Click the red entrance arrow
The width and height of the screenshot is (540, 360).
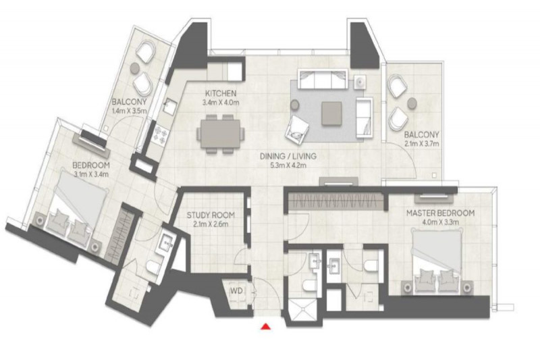pyautogui.click(x=265, y=326)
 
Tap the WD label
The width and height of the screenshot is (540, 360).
pyautogui.click(x=236, y=290)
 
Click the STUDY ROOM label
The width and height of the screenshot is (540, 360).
pyautogui.click(x=211, y=215)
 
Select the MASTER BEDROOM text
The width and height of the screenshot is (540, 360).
pyautogui.click(x=440, y=213)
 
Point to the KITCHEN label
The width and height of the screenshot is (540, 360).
pyautogui.click(x=221, y=93)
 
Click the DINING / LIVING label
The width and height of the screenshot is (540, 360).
pyautogui.click(x=288, y=156)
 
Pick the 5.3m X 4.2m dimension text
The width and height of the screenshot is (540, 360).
pyautogui.click(x=288, y=165)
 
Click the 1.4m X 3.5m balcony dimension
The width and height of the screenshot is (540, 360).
pyautogui.click(x=130, y=111)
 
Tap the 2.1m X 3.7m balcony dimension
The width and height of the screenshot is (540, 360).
pyautogui.click(x=421, y=144)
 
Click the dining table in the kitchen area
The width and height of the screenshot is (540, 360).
pyautogui.click(x=221, y=134)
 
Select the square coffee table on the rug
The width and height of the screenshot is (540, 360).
pyautogui.click(x=331, y=113)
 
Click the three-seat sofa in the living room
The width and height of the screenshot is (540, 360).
pyautogui.click(x=323, y=79)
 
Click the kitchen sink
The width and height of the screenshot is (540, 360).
pyautogui.click(x=169, y=106)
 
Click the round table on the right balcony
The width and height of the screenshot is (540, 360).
pyautogui.click(x=412, y=102)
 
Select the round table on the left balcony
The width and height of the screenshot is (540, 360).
pyautogui.click(x=134, y=68)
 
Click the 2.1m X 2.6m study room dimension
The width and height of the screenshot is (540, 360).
pyautogui.click(x=211, y=225)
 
